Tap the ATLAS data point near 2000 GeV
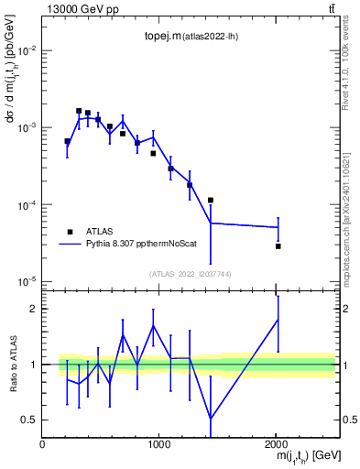[278, 245]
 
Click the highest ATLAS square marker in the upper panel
[79, 111]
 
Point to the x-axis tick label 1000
[158, 444]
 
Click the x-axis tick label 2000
[276, 444]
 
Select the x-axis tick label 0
[42, 444]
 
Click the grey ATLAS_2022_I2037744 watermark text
[191, 274]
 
